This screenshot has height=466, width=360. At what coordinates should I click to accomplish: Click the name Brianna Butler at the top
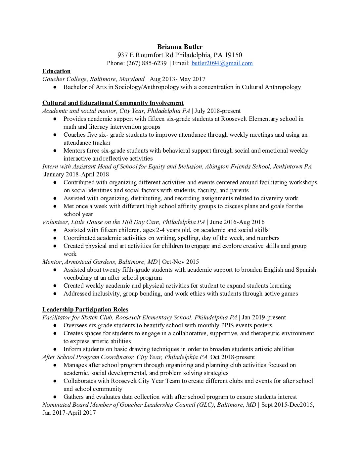[180, 47]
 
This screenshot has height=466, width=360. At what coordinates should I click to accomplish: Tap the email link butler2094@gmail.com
[222, 63]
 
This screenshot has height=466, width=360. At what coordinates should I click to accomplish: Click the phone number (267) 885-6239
[147, 63]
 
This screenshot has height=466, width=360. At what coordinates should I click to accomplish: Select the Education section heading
[56, 71]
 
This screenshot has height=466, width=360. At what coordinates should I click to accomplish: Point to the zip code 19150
[233, 55]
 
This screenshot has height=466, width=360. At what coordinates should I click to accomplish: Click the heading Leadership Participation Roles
[85, 309]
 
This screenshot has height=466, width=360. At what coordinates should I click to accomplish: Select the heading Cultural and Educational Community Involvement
[113, 103]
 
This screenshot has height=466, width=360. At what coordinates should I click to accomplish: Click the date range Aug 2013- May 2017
[177, 79]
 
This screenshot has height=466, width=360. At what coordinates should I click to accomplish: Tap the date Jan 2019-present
[264, 317]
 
